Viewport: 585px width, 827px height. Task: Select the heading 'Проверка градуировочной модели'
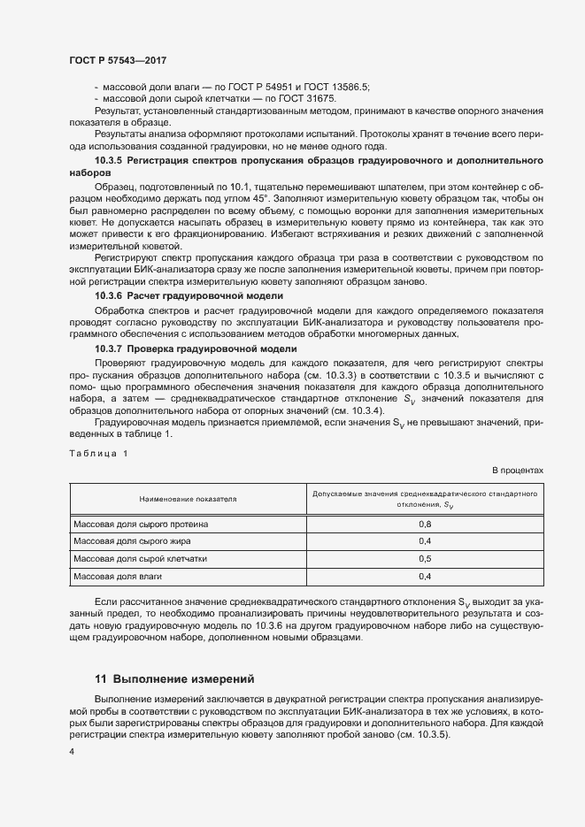click(208, 348)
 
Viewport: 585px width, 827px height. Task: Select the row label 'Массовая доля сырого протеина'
click(142, 524)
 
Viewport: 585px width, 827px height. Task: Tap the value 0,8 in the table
click(424, 524)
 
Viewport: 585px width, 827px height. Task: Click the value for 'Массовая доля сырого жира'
click(424, 541)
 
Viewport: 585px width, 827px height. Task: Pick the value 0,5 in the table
click(424, 559)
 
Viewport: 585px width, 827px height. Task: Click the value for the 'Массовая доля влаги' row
click(424, 577)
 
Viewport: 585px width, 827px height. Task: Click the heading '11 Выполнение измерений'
click(174, 679)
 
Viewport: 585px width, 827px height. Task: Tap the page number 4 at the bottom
click(71, 751)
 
